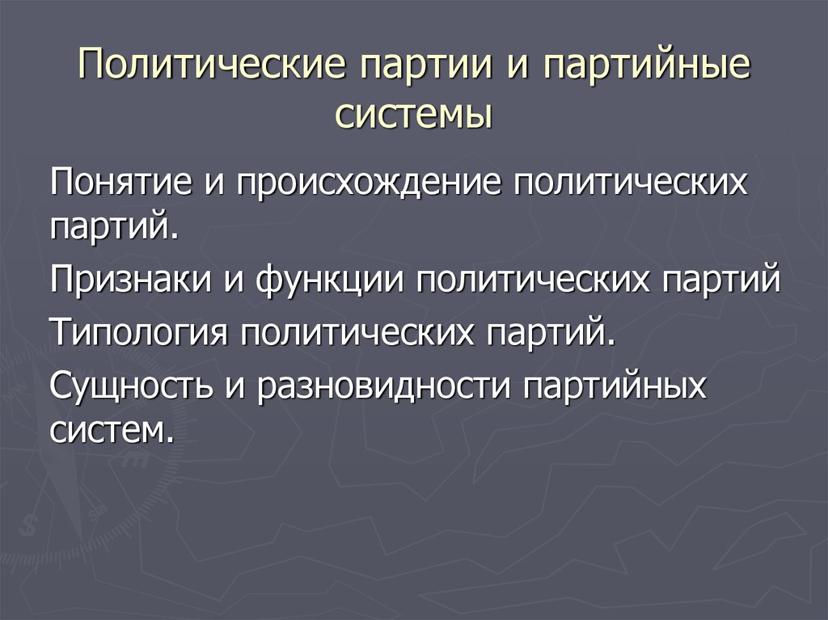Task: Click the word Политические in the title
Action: [x=211, y=64]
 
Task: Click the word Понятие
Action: [x=121, y=181]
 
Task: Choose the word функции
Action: [x=330, y=280]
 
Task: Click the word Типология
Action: [x=139, y=331]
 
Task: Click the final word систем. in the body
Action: [x=112, y=431]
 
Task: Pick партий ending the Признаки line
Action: [x=720, y=280]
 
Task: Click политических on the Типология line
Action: [x=357, y=331]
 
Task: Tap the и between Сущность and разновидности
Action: [x=235, y=388]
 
